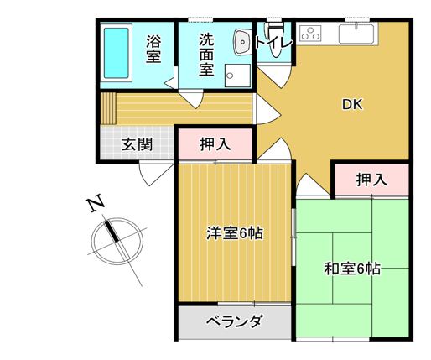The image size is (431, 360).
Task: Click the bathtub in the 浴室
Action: (x=116, y=53)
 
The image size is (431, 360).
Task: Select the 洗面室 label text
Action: (x=206, y=55)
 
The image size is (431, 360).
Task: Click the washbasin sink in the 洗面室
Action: (x=241, y=42)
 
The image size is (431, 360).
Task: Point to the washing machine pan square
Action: (x=237, y=76)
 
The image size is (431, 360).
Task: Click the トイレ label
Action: (x=274, y=43)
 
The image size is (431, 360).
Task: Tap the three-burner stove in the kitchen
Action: (x=310, y=33)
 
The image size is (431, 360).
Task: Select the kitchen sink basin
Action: (x=356, y=34)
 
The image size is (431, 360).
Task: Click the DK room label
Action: (x=352, y=104)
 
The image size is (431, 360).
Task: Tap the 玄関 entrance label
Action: (x=138, y=144)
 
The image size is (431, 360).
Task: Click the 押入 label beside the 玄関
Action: (x=215, y=144)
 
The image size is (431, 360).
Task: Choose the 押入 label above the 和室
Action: (x=371, y=180)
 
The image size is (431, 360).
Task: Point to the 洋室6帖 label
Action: (x=235, y=232)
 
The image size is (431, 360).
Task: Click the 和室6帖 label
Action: (x=352, y=269)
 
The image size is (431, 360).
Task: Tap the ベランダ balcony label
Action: (x=234, y=321)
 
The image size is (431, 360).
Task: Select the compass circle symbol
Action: (x=117, y=241)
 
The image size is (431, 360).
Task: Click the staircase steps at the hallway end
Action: (x=108, y=108)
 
